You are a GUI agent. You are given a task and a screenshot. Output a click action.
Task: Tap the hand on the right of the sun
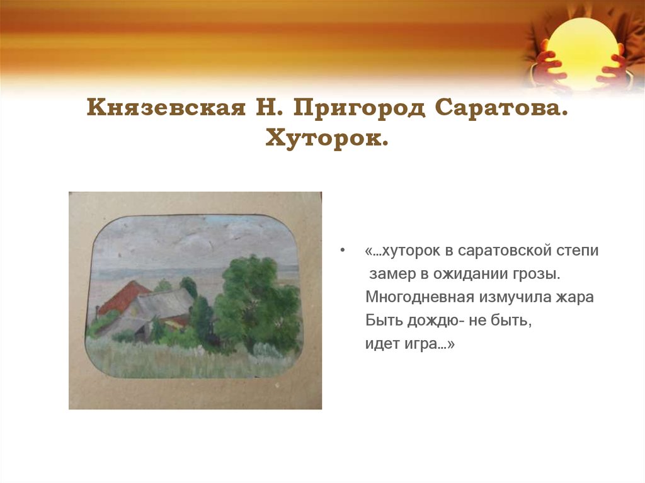tap(615, 67)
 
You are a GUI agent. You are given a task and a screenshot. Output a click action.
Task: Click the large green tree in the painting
tap(255, 302)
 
